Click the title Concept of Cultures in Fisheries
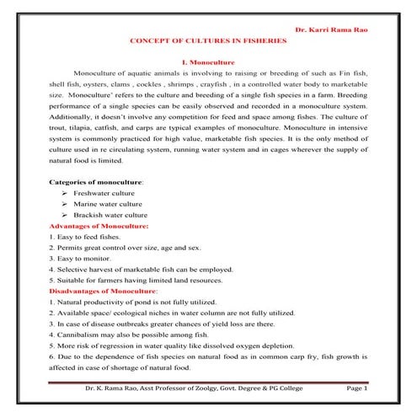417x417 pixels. click(208, 41)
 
